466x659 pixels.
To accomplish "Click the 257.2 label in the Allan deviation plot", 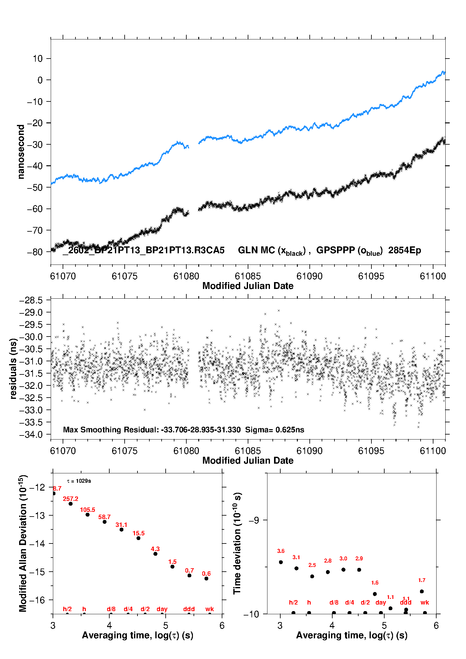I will (x=70, y=499).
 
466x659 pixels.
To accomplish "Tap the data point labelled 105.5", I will (x=88, y=515).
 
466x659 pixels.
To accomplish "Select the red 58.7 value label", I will (x=105, y=517).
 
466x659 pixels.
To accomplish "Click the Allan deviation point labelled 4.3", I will (x=155, y=554).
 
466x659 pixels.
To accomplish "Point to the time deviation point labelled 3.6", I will (x=281, y=562).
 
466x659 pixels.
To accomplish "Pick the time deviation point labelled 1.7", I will (x=422, y=591).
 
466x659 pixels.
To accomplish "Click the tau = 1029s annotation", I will (x=79, y=481).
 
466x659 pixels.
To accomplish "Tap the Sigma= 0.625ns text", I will (x=275, y=430).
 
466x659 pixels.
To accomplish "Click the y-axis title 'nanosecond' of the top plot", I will (x=21, y=152).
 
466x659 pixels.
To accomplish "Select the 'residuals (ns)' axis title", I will (x=13, y=368).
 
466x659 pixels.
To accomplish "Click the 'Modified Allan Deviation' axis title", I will (x=23, y=543).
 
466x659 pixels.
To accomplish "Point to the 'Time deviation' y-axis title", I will (x=237, y=543).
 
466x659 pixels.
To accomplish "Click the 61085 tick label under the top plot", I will (x=248, y=276).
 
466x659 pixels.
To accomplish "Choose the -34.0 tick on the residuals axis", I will (x=31, y=435).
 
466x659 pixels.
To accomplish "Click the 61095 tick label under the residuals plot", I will (x=371, y=451).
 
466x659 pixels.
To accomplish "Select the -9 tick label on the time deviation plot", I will (x=254, y=520).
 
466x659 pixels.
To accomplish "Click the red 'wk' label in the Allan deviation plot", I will (x=210, y=609).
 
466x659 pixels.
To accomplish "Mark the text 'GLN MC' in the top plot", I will (x=256, y=250).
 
